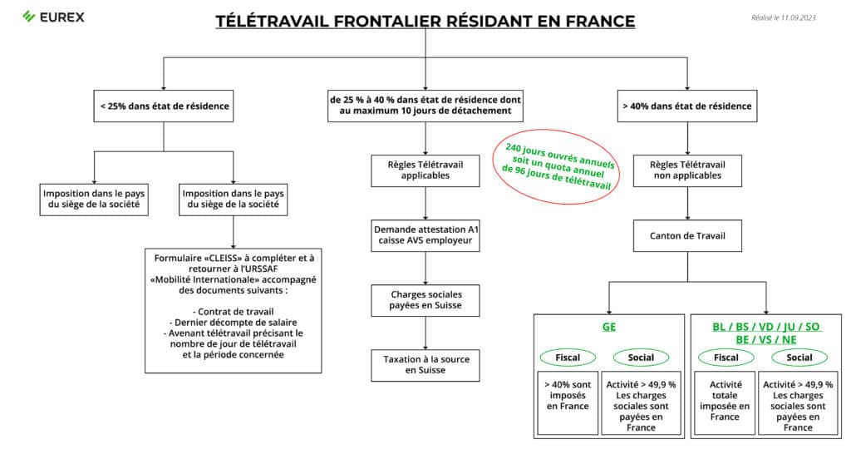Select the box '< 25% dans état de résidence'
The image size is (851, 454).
(164, 106)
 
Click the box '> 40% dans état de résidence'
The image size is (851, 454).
(686, 106)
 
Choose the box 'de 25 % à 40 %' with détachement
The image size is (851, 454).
(425, 106)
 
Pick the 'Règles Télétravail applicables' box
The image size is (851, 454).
(425, 170)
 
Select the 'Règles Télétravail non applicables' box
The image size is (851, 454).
(686, 170)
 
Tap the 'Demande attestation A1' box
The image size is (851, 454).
(425, 235)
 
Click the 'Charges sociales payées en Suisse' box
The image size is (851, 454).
(425, 299)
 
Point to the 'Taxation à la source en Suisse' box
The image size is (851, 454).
(425, 364)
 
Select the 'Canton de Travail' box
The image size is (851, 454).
(686, 235)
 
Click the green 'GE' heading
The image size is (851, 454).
(609, 328)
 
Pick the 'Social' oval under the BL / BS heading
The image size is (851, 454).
(799, 358)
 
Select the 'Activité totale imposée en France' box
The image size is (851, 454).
(726, 401)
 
